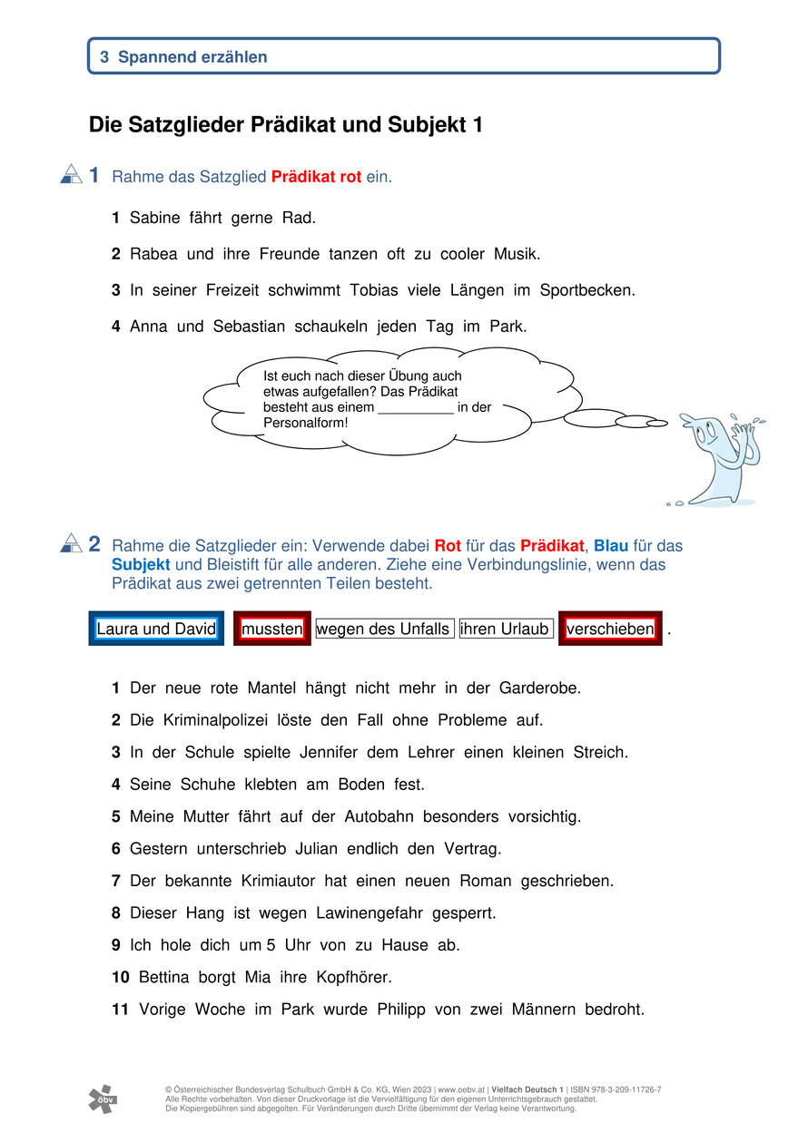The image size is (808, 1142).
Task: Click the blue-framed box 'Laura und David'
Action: tap(156, 629)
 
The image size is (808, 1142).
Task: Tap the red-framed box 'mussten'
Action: tap(272, 629)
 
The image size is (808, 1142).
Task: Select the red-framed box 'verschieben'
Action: tap(610, 629)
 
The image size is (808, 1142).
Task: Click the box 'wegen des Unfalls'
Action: tap(383, 629)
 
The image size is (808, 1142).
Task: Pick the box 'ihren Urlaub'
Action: tap(505, 629)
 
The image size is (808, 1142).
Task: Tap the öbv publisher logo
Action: tap(102, 1098)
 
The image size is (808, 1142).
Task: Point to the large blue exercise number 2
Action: tap(94, 544)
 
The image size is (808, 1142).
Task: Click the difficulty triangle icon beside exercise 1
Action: tap(71, 174)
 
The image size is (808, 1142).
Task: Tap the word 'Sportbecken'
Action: tap(586, 290)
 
